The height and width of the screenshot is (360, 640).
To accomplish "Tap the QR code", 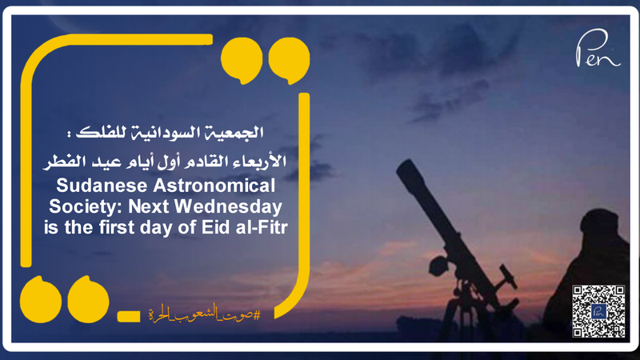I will pyautogui.click(x=598, y=310).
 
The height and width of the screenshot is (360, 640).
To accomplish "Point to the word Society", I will pyautogui.click(x=86, y=206).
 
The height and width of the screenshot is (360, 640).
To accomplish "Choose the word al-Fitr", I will pyautogui.click(x=261, y=226).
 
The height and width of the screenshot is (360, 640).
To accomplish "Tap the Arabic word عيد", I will pyautogui.click(x=109, y=162).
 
